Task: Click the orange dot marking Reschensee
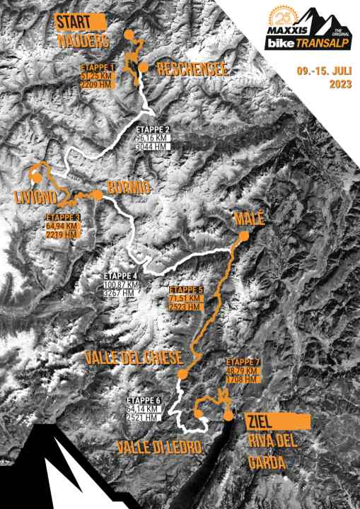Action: click(x=144, y=67)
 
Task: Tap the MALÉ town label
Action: click(x=249, y=220)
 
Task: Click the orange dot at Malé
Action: click(x=244, y=237)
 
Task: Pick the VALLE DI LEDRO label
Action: click(x=160, y=447)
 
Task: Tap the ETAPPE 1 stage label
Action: click(x=97, y=69)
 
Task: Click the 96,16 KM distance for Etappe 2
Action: click(x=153, y=139)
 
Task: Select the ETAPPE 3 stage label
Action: click(x=62, y=218)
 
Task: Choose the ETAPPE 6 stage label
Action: click(x=144, y=401)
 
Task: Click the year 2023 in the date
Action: click(x=339, y=85)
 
